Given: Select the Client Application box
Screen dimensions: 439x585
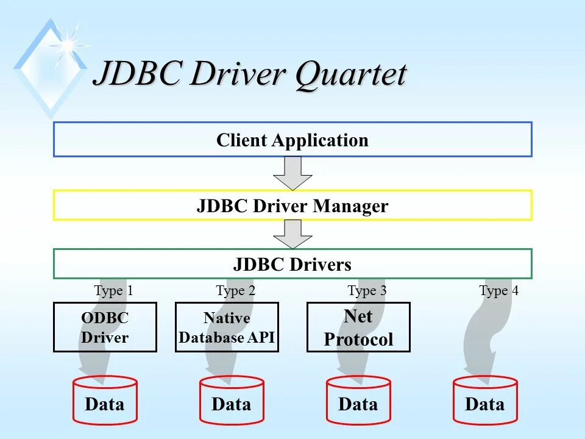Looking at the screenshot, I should coord(292,140).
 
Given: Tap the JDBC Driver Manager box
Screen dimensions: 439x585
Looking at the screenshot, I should coord(292,205).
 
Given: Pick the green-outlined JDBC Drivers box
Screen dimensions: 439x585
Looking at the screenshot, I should coord(292,264).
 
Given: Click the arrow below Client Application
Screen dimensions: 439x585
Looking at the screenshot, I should coord(292,173).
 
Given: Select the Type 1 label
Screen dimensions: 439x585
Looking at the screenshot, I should coord(113,291).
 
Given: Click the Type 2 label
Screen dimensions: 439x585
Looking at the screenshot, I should coord(235,291).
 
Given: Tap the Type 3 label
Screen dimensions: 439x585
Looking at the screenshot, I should coord(367,291).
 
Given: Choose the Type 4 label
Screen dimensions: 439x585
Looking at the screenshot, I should coord(498,291).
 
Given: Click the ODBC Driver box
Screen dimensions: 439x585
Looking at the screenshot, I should coord(105,327).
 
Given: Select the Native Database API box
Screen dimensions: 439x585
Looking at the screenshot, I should coord(227,327).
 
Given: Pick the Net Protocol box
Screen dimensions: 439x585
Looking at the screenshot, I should coord(358,327).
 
